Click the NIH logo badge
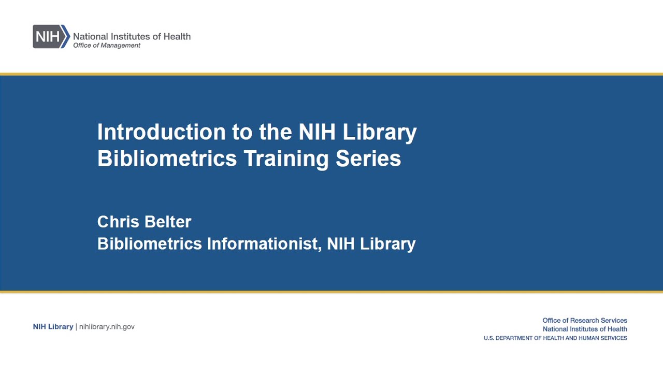tap(51, 36)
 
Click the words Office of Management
tap(107, 45)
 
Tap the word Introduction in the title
tap(162, 132)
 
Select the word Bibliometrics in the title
tap(167, 158)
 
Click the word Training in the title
tap(286, 159)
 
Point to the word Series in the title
tap(368, 158)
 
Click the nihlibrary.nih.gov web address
tap(107, 326)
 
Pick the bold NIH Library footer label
tap(53, 326)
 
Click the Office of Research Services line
tap(585, 320)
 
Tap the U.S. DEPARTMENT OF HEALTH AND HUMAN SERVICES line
tap(555, 338)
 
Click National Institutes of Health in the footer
tap(585, 329)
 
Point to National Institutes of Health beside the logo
tap(132, 36)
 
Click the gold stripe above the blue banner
tap(331, 74)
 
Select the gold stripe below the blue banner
tap(331, 292)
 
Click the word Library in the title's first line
tap(380, 133)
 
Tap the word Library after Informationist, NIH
tap(388, 245)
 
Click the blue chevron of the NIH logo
tap(66, 36)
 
